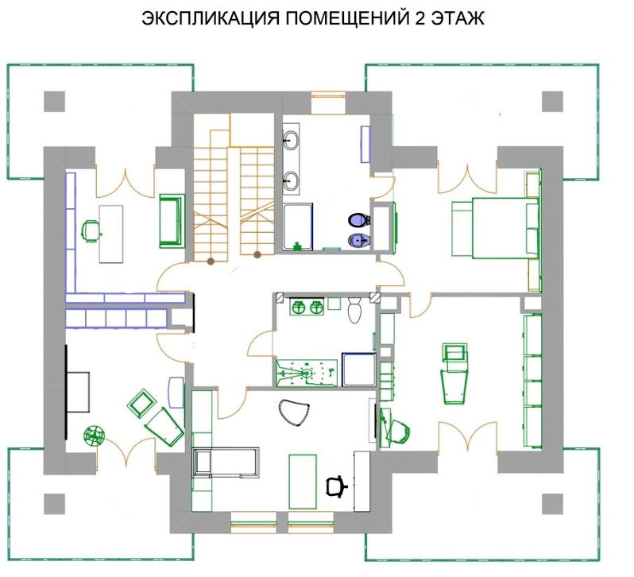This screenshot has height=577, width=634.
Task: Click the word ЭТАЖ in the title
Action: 458,18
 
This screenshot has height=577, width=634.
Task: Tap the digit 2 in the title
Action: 419,18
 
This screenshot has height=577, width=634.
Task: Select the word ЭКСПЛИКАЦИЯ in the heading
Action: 211,18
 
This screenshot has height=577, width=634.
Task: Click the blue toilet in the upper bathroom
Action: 359,220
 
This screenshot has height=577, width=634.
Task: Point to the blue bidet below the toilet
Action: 359,241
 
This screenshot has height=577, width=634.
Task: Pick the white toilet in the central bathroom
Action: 354,310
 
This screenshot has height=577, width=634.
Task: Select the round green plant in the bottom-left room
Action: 95,436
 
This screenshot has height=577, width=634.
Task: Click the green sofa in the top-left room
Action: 172,221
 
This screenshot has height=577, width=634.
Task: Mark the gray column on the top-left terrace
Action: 54,102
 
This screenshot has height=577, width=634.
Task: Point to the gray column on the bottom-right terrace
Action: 552,504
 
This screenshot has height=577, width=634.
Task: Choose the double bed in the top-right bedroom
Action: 496,227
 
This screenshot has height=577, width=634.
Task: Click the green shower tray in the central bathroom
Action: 307,373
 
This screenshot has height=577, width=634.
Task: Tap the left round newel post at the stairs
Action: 211,261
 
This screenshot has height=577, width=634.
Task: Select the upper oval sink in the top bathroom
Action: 291,140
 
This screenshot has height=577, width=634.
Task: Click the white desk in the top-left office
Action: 111,234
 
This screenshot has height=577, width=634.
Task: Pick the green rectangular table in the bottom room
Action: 303,481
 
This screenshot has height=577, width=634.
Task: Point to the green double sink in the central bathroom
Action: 307,308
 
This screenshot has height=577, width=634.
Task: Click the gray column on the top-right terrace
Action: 552,102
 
